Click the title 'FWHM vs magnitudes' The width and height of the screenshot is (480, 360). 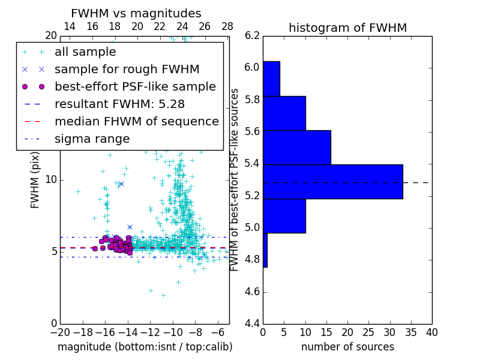coord(136,14)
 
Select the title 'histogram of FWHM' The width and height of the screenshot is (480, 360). coord(347,28)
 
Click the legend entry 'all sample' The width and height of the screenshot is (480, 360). coord(85,52)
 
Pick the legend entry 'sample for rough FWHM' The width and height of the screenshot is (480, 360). coord(127,70)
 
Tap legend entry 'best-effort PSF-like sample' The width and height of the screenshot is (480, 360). coord(135,87)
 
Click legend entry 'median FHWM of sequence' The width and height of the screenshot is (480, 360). coord(136,122)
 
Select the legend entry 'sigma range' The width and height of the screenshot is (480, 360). coord(92,139)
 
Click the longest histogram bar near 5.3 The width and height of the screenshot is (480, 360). coord(332,181)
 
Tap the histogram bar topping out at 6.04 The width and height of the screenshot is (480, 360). coord(271,79)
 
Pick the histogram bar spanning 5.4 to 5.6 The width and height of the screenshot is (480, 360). coord(296,147)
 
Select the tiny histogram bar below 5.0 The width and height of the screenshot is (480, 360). coord(265,250)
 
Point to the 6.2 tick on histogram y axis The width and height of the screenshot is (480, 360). coord(253,35)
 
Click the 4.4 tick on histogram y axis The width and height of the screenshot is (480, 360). coord(253,324)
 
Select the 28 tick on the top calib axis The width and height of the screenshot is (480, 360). coord(227,26)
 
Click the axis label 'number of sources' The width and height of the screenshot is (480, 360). coord(347,347)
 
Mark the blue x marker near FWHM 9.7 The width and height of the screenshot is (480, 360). coord(121,184)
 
